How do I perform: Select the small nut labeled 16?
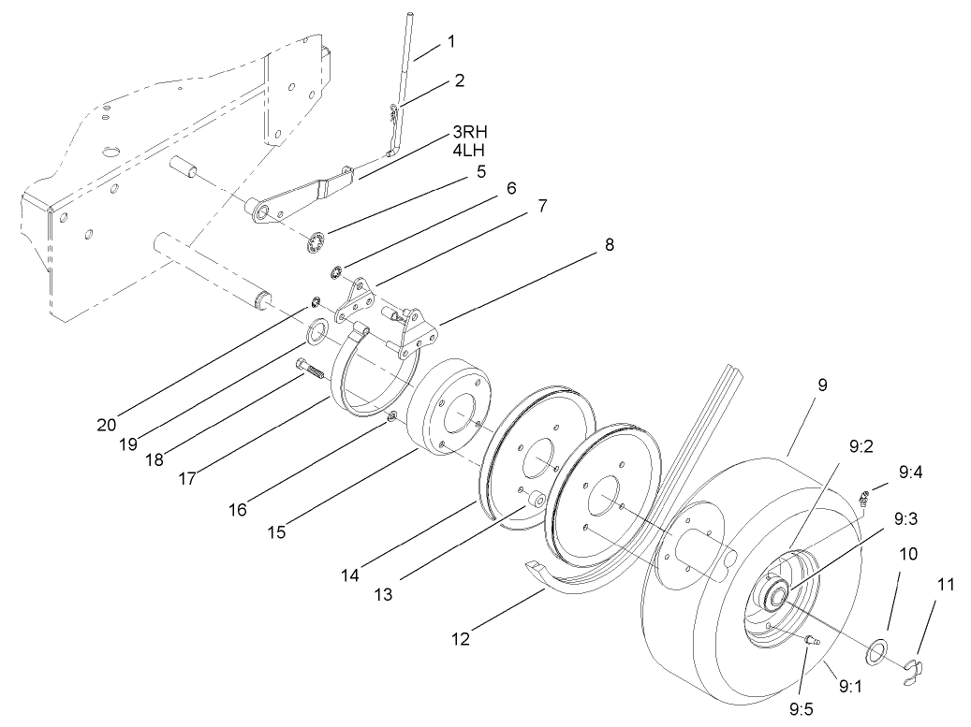pos(392,415)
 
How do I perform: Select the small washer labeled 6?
pos(334,273)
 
